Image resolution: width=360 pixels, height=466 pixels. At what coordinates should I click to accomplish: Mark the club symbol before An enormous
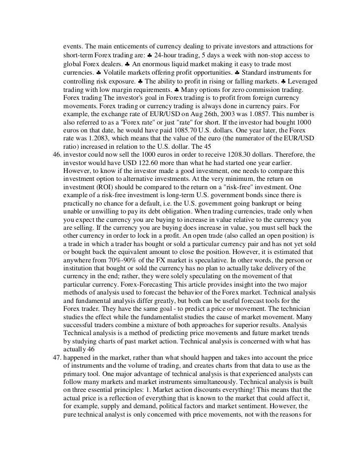pyautogui.click(x=127, y=62)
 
